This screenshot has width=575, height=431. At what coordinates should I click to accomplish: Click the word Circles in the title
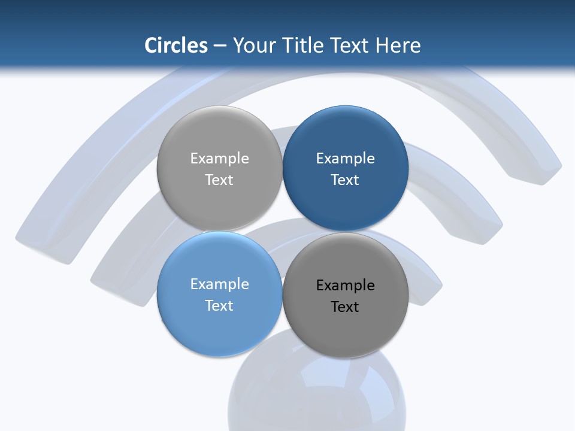tap(176, 45)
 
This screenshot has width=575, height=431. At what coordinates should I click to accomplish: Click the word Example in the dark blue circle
tap(345, 159)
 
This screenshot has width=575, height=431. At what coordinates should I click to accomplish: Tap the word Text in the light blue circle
tap(219, 305)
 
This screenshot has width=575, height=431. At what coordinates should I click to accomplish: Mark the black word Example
tap(345, 286)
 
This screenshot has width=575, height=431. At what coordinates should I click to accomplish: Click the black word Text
tap(345, 307)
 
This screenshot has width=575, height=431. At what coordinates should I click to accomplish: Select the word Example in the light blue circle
tap(219, 284)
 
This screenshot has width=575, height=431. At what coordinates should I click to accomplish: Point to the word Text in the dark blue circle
tap(345, 180)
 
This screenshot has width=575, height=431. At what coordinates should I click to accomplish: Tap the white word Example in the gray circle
tap(219, 159)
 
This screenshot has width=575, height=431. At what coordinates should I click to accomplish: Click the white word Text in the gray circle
tap(219, 180)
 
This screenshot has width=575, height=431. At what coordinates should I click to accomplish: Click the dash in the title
tap(220, 45)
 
